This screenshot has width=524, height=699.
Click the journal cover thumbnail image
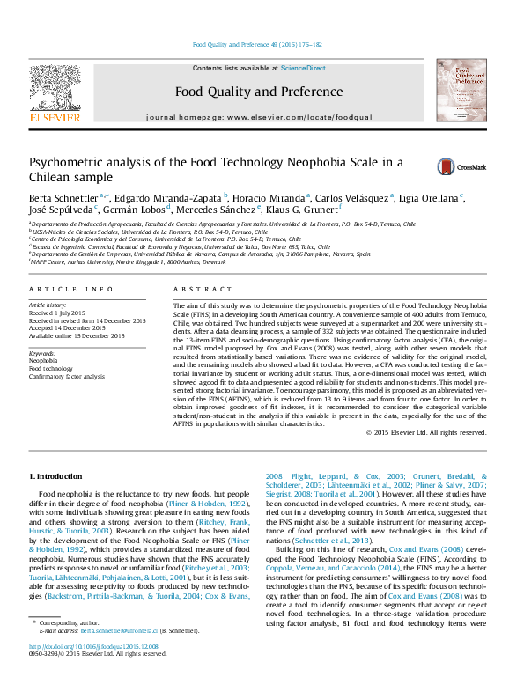[x=461, y=91]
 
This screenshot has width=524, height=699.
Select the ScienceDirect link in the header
[x=303, y=68]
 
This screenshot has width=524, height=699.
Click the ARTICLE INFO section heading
[x=71, y=290]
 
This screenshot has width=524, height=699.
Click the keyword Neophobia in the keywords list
[x=44, y=361]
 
